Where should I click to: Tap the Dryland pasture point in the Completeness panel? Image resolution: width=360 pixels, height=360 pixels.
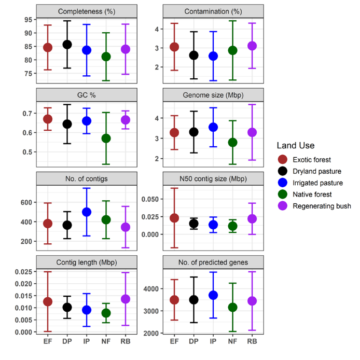[x=67, y=45]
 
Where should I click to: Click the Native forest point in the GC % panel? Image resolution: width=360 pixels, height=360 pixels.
[x=106, y=139]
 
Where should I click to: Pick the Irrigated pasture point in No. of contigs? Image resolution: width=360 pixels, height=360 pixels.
[x=87, y=212]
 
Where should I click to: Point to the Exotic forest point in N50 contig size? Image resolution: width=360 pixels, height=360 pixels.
[x=174, y=218]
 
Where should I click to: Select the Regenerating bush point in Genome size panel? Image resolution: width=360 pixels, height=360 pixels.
[x=252, y=132]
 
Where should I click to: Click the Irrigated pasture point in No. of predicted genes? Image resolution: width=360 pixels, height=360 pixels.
[x=213, y=295]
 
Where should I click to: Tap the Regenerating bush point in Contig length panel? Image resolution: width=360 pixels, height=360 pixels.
[x=125, y=299]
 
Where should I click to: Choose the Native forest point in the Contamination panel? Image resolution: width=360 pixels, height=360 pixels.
[x=232, y=50]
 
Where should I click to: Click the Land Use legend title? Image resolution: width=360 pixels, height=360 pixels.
[x=296, y=146]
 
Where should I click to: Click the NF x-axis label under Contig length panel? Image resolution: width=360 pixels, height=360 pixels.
[x=106, y=341]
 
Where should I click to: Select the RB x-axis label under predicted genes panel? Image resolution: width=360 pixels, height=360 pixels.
[x=252, y=341]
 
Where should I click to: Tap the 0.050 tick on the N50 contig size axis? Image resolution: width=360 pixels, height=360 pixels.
[x=149, y=199]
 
